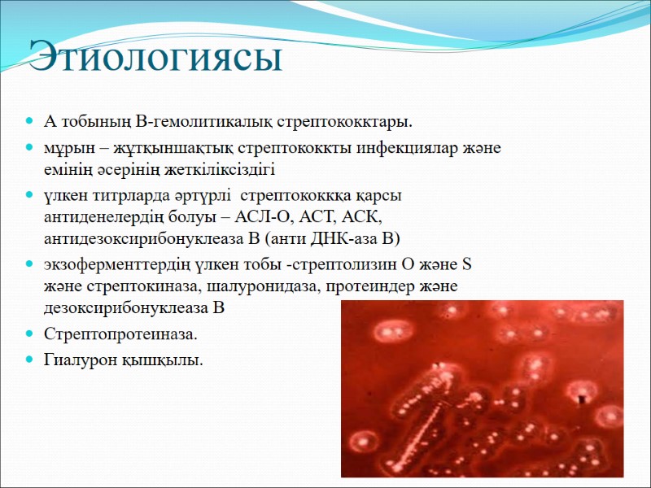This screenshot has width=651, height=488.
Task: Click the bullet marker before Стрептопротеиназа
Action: (x=30, y=334)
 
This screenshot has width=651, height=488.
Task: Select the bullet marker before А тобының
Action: (x=30, y=123)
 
